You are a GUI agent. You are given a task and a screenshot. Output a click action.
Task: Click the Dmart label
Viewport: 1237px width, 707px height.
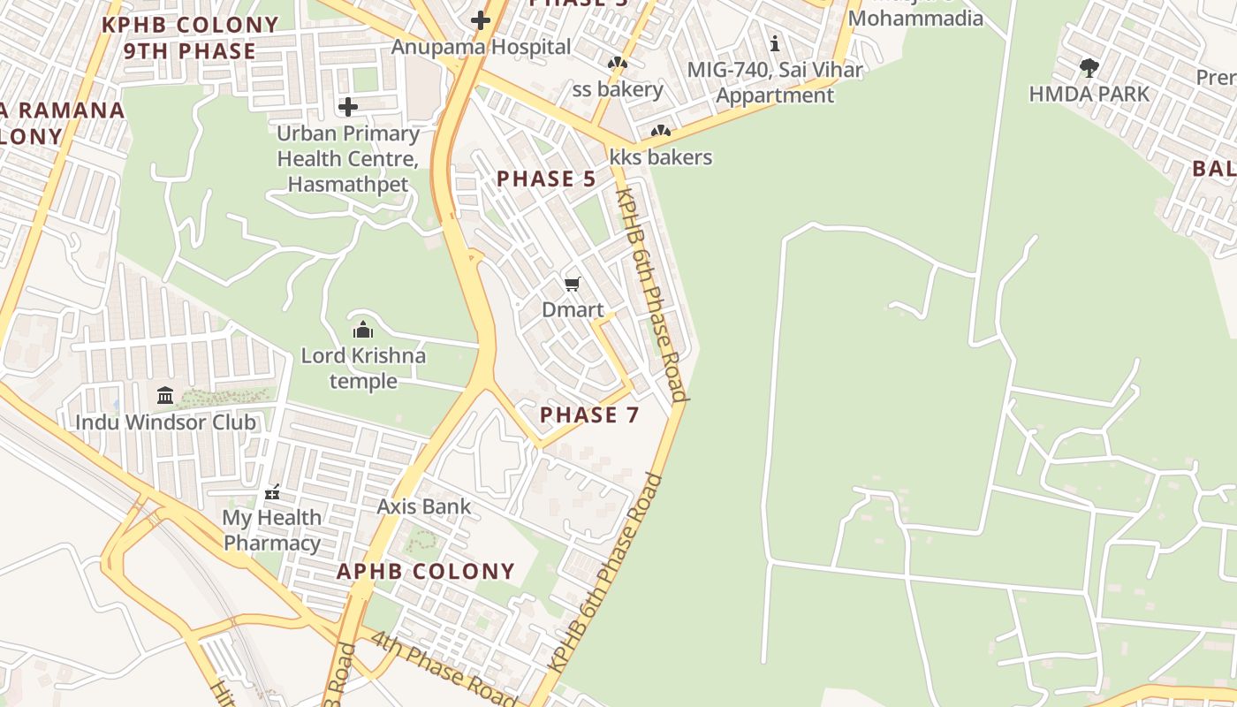click(x=573, y=310)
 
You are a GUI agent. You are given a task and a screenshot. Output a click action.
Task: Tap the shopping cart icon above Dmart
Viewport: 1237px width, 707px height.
click(x=573, y=284)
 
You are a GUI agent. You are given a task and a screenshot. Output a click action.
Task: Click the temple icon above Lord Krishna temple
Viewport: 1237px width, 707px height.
click(x=363, y=331)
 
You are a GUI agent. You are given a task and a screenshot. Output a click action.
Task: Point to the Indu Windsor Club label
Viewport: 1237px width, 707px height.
click(x=165, y=422)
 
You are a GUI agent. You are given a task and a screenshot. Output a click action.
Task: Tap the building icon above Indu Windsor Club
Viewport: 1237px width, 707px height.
click(x=165, y=395)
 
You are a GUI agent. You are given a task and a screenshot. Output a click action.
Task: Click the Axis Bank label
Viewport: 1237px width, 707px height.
click(x=424, y=506)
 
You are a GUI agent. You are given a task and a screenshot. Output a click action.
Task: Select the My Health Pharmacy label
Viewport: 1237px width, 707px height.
click(x=272, y=529)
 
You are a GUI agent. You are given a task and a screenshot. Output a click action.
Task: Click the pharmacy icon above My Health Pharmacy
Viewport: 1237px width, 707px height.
click(x=272, y=491)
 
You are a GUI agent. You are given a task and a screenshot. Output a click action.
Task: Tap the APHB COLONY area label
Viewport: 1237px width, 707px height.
click(x=426, y=571)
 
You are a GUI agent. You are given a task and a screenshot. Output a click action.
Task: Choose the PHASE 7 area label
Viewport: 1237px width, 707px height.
click(x=589, y=414)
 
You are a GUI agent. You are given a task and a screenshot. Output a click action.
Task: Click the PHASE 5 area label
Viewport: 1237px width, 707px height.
click(x=546, y=179)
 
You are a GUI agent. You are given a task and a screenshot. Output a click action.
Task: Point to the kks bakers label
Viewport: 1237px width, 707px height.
click(x=661, y=157)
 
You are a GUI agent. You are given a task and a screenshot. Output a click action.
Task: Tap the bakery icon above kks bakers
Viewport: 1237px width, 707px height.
click(x=660, y=132)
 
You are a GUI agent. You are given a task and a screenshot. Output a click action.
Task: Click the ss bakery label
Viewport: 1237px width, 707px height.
click(x=618, y=89)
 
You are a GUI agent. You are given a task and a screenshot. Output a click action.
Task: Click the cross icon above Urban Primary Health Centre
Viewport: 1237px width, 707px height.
click(x=348, y=107)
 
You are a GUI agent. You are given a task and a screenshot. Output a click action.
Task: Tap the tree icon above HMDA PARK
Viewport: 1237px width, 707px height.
click(x=1089, y=67)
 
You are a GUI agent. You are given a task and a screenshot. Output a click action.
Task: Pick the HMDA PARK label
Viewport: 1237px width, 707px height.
click(x=1089, y=94)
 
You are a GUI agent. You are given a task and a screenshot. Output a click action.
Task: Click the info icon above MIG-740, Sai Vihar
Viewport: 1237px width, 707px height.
click(x=775, y=43)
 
